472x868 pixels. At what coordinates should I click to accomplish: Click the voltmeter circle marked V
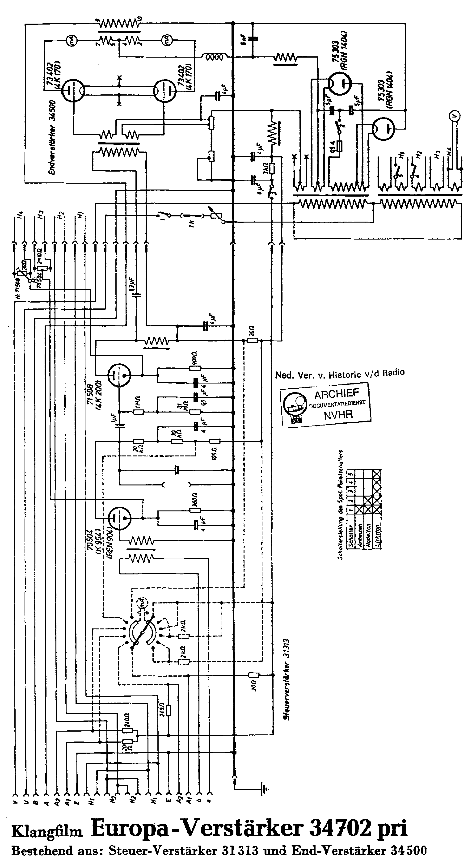pyautogui.click(x=455, y=117)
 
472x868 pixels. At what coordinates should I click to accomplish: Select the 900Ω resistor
pyautogui.click(x=195, y=368)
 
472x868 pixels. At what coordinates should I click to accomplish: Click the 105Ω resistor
pyautogui.click(x=215, y=441)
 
